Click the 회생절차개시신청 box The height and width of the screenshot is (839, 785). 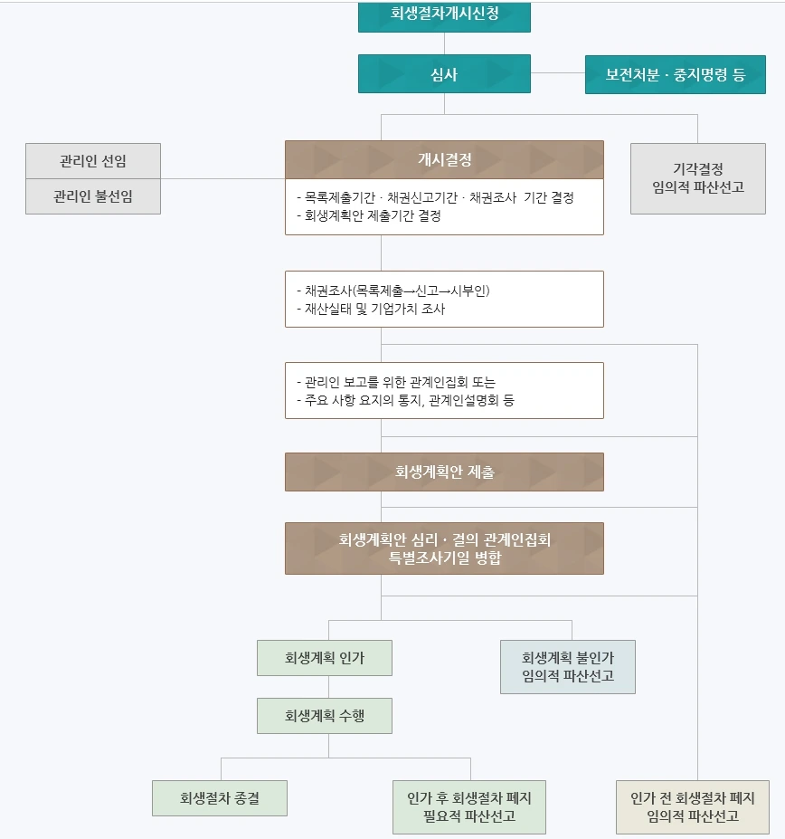tap(444, 15)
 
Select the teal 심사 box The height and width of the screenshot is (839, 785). tap(444, 74)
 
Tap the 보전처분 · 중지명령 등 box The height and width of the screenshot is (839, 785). tap(675, 74)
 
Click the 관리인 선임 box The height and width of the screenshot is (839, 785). tap(93, 161)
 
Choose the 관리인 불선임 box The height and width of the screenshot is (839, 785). tap(93, 196)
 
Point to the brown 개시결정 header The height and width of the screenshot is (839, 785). tap(444, 160)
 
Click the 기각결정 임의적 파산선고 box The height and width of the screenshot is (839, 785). tap(697, 178)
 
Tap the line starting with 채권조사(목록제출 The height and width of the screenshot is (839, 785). tap(398, 291)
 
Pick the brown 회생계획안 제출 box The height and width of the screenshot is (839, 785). tap(444, 472)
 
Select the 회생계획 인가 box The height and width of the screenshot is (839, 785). tap(325, 658)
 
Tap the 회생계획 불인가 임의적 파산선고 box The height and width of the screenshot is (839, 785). tap(568, 667)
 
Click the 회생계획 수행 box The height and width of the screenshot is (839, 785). tap(325, 715)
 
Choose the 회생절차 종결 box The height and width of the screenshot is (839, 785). tap(220, 798)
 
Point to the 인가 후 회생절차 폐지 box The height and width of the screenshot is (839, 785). tap(469, 806)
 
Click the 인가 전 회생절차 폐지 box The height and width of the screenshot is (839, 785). tap(693, 806)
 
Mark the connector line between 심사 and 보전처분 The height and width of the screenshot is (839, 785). tap(557, 74)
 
